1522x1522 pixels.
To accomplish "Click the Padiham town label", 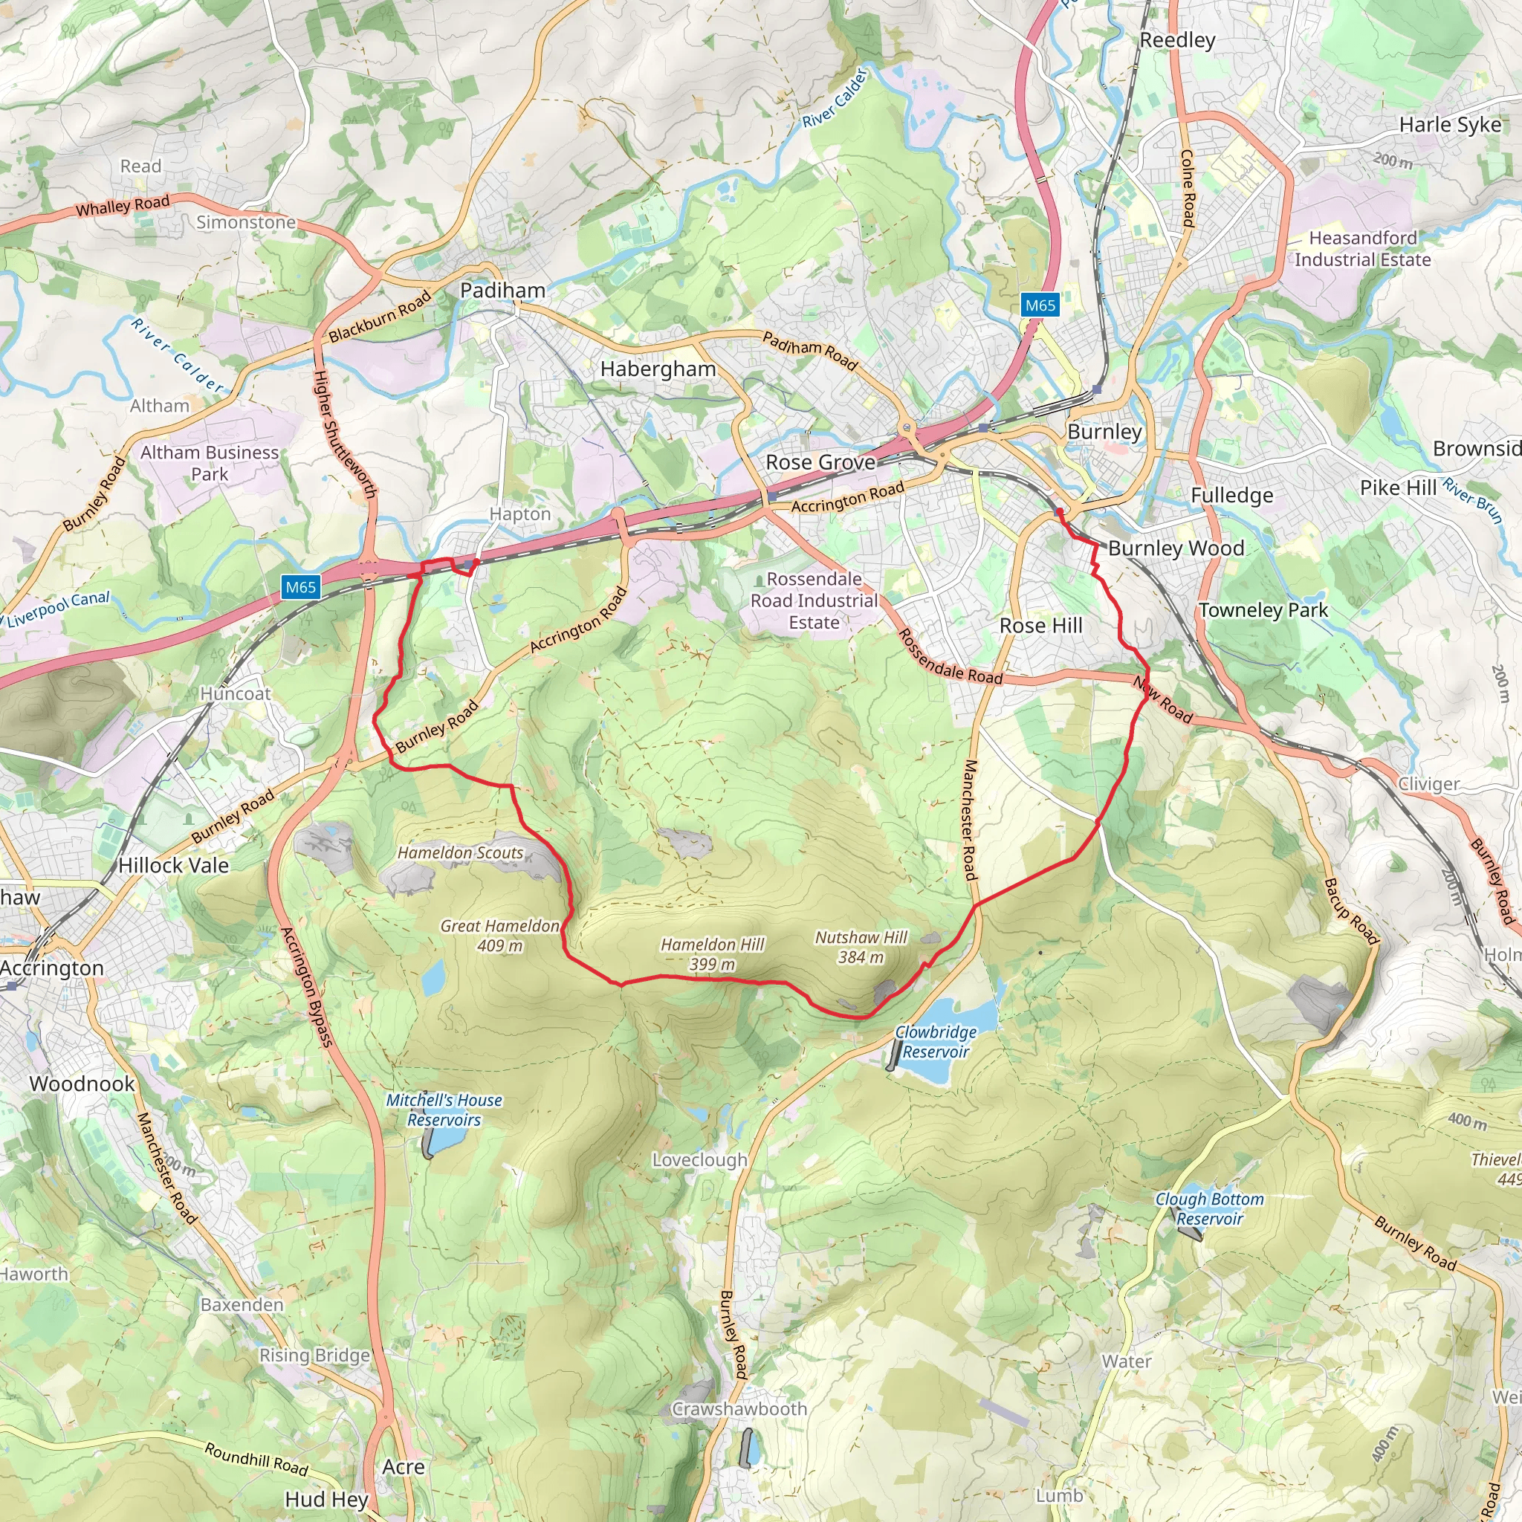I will click(502, 291).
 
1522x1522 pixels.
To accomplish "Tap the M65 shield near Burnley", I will click(1040, 305).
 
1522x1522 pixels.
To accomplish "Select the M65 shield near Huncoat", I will click(301, 587).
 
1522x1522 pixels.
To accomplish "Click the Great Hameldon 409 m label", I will click(499, 936).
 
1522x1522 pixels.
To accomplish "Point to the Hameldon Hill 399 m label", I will click(712, 954).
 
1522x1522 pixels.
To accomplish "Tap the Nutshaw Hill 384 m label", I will click(861, 947).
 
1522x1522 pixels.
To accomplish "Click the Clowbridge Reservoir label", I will click(936, 1041).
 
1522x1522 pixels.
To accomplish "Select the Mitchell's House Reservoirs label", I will click(444, 1110).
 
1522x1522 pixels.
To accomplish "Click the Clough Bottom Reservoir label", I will click(1209, 1208).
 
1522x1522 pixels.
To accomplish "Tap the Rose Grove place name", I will click(820, 462).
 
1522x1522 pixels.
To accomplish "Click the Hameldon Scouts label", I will click(460, 853).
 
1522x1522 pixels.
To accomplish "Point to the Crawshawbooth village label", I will click(739, 1409).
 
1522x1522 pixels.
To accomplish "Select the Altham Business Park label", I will click(210, 463).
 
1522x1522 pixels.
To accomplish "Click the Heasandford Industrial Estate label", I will click(1363, 249).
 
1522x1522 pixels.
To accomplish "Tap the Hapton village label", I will click(520, 514).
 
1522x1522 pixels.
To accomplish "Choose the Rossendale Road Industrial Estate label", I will click(814, 601).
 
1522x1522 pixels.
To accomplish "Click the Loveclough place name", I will click(699, 1160).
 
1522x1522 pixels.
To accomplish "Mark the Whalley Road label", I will click(122, 207).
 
